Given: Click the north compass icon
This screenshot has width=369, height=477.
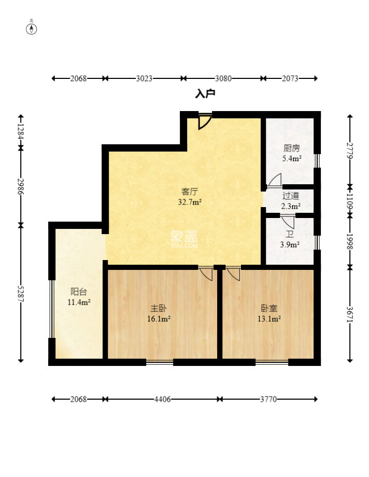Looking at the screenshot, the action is [x=31, y=28].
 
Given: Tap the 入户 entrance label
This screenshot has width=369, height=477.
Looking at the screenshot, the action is [x=205, y=94].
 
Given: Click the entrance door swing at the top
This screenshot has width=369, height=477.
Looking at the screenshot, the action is [x=204, y=121].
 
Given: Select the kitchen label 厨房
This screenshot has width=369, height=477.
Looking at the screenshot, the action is [x=292, y=148].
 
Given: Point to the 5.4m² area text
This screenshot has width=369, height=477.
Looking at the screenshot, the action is [x=292, y=158].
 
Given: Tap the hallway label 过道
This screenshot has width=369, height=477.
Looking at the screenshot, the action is [x=291, y=196].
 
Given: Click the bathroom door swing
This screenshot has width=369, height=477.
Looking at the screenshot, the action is [x=287, y=222].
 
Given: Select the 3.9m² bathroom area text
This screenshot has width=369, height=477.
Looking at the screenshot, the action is [x=290, y=244].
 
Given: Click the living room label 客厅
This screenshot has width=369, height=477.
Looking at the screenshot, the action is [x=190, y=192].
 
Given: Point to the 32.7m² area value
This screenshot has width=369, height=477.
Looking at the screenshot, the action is [x=190, y=202].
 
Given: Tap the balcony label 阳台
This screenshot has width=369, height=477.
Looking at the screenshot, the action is [x=79, y=292].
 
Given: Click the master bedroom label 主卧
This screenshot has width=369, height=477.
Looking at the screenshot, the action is [x=159, y=308].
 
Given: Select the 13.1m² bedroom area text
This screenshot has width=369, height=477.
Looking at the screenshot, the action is [x=269, y=319].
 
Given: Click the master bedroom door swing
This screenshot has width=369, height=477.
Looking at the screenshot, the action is [x=206, y=273].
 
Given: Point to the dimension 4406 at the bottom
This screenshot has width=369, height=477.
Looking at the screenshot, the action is [x=163, y=399].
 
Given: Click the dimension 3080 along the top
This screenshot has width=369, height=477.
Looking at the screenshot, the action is [x=223, y=78].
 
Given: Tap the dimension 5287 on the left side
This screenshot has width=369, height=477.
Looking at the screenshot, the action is [x=21, y=294].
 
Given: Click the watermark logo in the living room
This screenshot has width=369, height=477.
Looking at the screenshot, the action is [x=184, y=239].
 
